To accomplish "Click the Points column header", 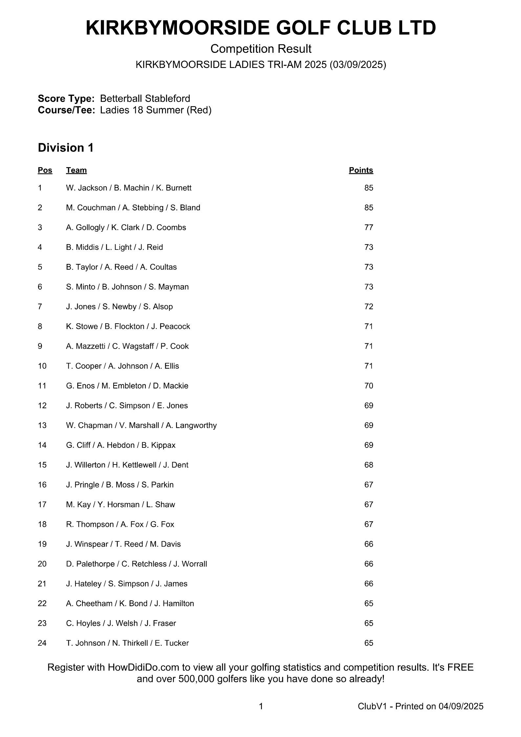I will [x=361, y=170].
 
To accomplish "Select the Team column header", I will [x=76, y=170].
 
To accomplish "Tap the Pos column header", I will [x=45, y=170].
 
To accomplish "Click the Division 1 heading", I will [x=66, y=148].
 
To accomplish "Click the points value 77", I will [x=369, y=228].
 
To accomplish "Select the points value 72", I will [x=369, y=307].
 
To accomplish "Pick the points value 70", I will [x=369, y=386].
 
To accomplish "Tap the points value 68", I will [x=369, y=465].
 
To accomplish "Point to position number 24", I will [x=42, y=643].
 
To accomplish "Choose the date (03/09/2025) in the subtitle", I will [x=358, y=65].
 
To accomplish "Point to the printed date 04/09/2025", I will [x=461, y=706].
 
